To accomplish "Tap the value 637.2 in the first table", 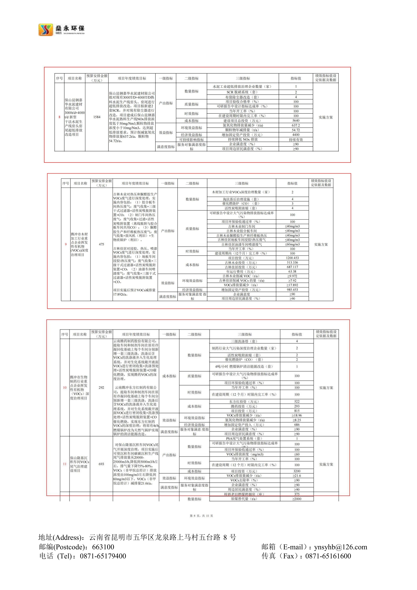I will (296, 125).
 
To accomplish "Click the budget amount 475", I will (101, 244).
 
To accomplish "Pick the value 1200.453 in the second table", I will (292, 258).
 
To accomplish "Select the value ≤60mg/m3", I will (292, 244).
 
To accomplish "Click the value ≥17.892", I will (292, 285).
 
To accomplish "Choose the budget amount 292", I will (101, 388).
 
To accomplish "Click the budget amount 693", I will (101, 464).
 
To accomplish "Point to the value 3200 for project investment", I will (297, 471).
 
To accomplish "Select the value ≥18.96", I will (297, 415).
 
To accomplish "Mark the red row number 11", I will (65, 464).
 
